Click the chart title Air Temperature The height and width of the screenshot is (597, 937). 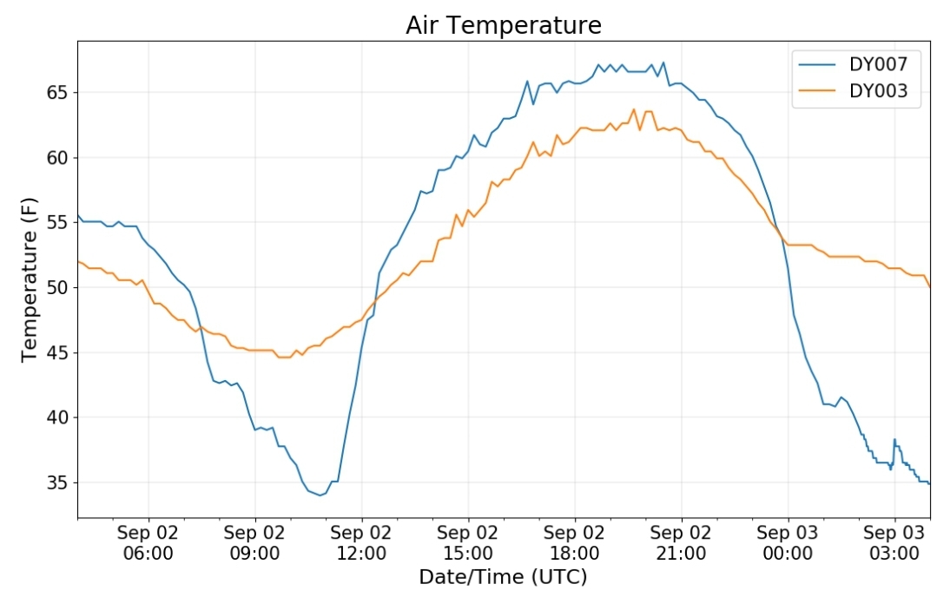(503, 26)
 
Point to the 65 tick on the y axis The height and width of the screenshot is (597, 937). (59, 93)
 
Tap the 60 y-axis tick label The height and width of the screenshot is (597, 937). (59, 158)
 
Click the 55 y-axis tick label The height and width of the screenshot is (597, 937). (59, 223)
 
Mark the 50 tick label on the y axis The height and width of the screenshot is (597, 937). (59, 288)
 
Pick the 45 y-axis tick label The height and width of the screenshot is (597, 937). (59, 353)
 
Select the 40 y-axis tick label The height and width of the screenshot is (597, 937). (59, 417)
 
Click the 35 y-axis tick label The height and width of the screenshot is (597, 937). (59, 482)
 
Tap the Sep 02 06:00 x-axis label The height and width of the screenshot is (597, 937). (148, 542)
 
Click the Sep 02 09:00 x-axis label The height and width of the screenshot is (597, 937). (254, 542)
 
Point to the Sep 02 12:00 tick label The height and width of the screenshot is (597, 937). (361, 542)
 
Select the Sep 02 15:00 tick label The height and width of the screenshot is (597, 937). (468, 542)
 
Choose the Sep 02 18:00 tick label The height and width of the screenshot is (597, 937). (574, 542)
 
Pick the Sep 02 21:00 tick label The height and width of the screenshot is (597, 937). (681, 542)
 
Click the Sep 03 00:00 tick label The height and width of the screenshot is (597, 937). (788, 542)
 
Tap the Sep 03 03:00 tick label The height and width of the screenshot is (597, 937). (894, 542)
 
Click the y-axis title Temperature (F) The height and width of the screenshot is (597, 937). (30, 279)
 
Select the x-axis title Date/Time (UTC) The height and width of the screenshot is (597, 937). (503, 577)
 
